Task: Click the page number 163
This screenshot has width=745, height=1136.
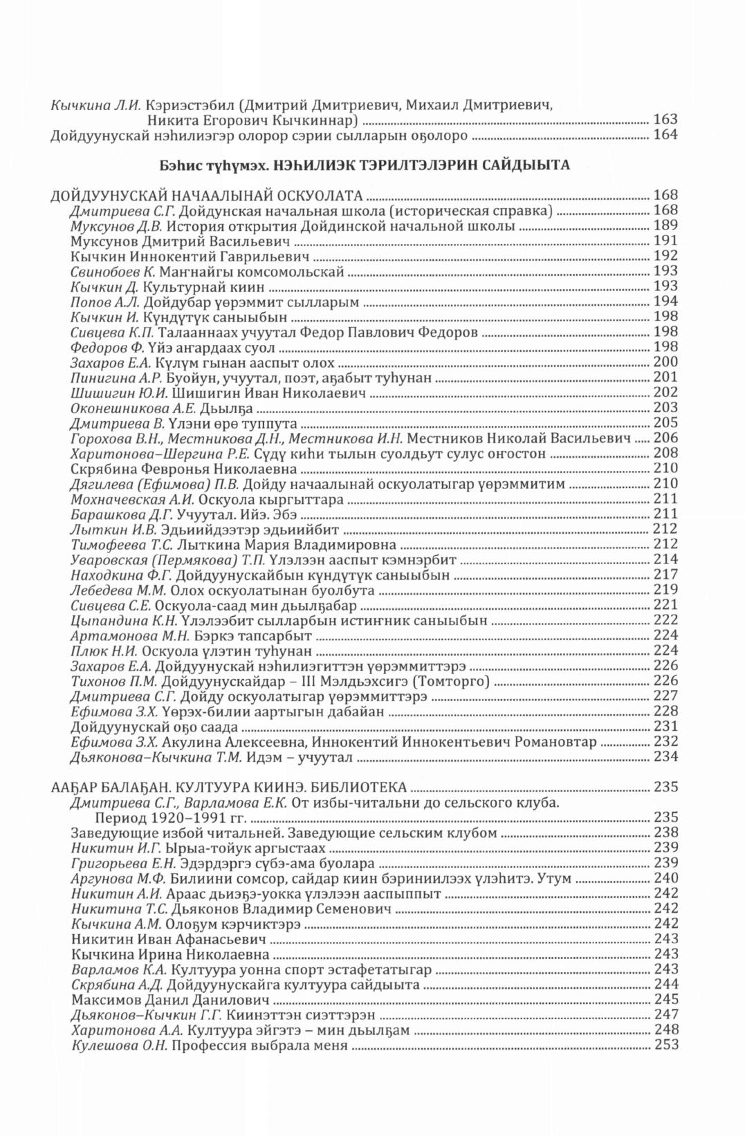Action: (665, 120)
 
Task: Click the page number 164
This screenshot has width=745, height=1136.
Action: (665, 136)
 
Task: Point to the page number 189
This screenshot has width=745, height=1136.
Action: (665, 225)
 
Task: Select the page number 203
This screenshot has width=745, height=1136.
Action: (665, 408)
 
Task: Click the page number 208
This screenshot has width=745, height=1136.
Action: (665, 454)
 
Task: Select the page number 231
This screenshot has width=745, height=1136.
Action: (665, 727)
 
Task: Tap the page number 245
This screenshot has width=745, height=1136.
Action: (665, 1000)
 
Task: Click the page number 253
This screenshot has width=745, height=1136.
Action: (665, 1045)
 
